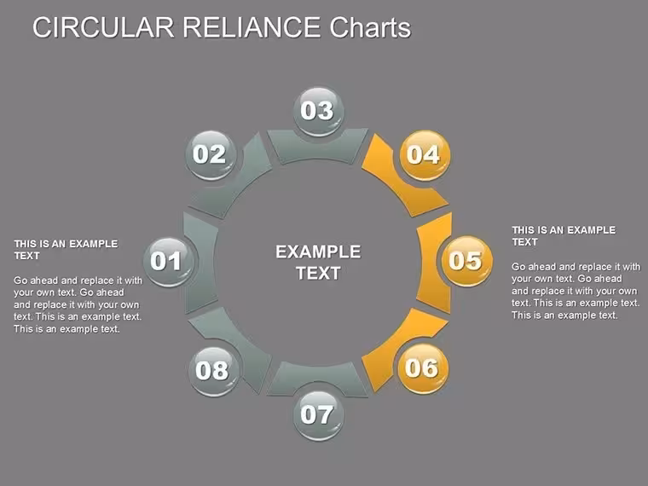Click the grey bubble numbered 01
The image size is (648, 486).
169,261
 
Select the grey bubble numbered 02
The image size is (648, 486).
211,155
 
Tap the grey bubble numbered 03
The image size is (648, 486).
318,111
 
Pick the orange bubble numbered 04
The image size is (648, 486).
425,155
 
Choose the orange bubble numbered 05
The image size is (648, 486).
467,261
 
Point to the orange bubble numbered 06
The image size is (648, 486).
423,368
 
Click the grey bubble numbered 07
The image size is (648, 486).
318,415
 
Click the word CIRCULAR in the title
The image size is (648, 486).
103,27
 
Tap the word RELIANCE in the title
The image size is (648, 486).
252,27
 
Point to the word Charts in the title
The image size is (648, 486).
370,27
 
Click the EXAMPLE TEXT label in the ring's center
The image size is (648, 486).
318,263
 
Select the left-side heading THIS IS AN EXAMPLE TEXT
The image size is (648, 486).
66,250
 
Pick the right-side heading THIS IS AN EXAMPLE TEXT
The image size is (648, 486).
564,236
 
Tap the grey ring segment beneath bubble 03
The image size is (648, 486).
317,146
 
